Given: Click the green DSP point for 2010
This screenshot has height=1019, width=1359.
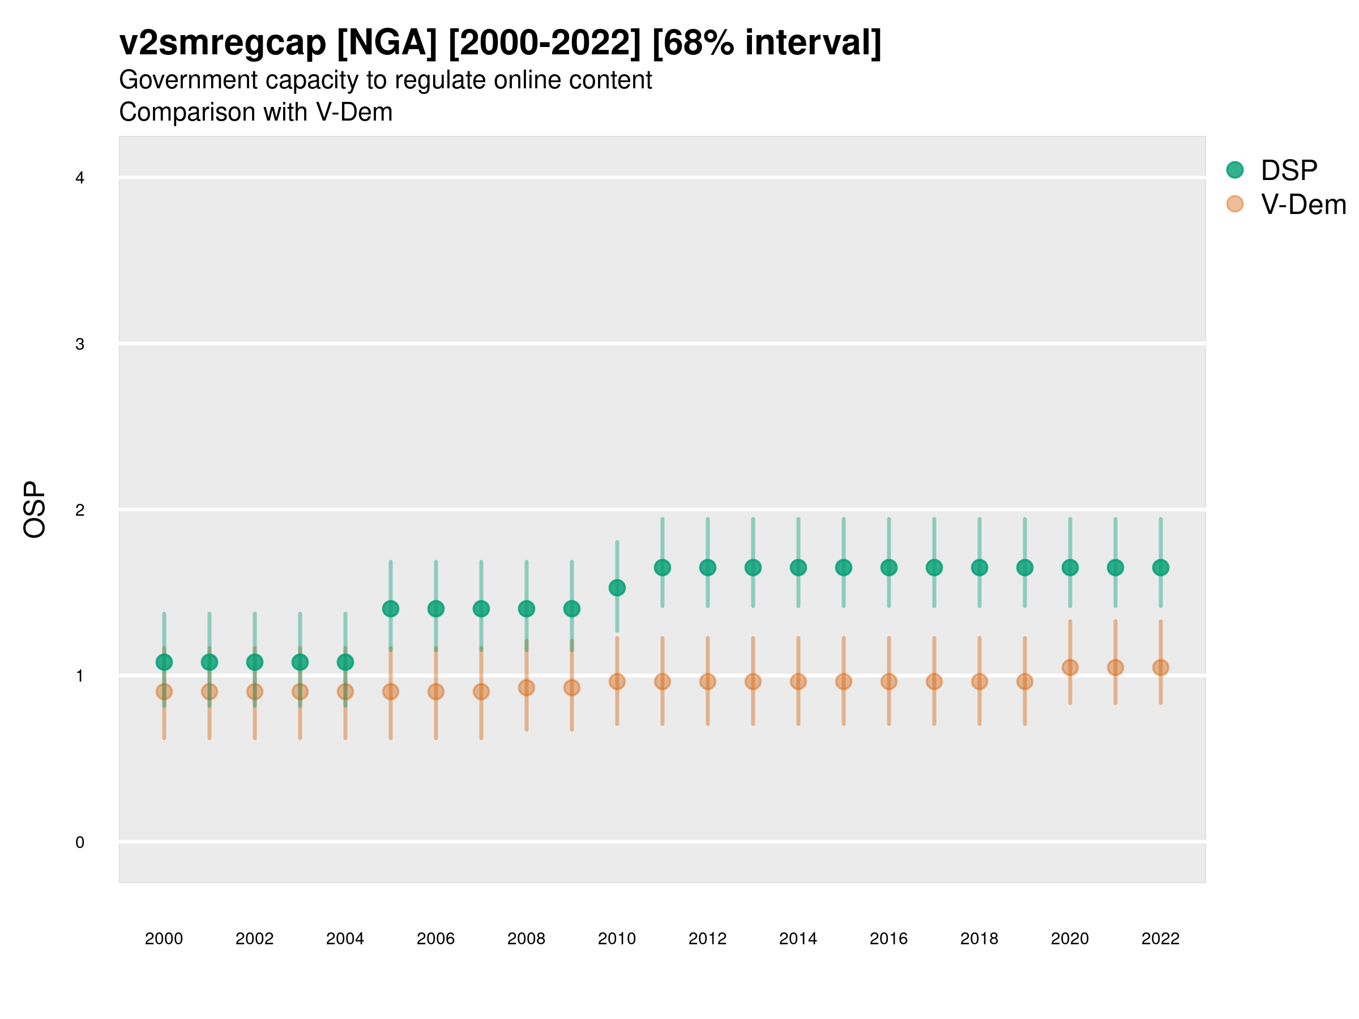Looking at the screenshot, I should pyautogui.click(x=617, y=588).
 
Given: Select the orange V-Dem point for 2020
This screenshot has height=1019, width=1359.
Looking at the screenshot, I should pyautogui.click(x=1070, y=667).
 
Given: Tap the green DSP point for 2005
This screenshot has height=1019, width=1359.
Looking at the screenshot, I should pyautogui.click(x=391, y=609).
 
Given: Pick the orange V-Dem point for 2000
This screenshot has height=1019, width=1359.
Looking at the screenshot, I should pyautogui.click(x=164, y=692).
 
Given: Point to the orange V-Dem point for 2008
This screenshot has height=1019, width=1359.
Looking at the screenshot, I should pyautogui.click(x=527, y=687).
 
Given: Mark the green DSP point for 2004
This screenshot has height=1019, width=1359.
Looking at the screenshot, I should pyautogui.click(x=345, y=662).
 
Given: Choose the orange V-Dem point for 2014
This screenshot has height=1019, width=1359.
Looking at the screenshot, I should pyautogui.click(x=798, y=681).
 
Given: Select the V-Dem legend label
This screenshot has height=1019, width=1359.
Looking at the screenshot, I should pyautogui.click(x=1303, y=204).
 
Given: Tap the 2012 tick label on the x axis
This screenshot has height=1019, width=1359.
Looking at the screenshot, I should pyautogui.click(x=707, y=939).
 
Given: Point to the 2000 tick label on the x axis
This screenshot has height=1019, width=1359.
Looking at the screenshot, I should pyautogui.click(x=164, y=939).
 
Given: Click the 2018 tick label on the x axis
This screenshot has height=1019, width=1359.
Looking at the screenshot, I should pyautogui.click(x=979, y=939).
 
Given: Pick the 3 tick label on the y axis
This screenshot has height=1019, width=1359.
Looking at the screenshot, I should pyautogui.click(x=80, y=344).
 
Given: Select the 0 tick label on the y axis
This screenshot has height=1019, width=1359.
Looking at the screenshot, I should pyautogui.click(x=80, y=842).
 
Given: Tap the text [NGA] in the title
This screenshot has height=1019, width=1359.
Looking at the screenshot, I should pyautogui.click(x=387, y=43).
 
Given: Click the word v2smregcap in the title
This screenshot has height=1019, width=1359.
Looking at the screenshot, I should pyautogui.click(x=223, y=43).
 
